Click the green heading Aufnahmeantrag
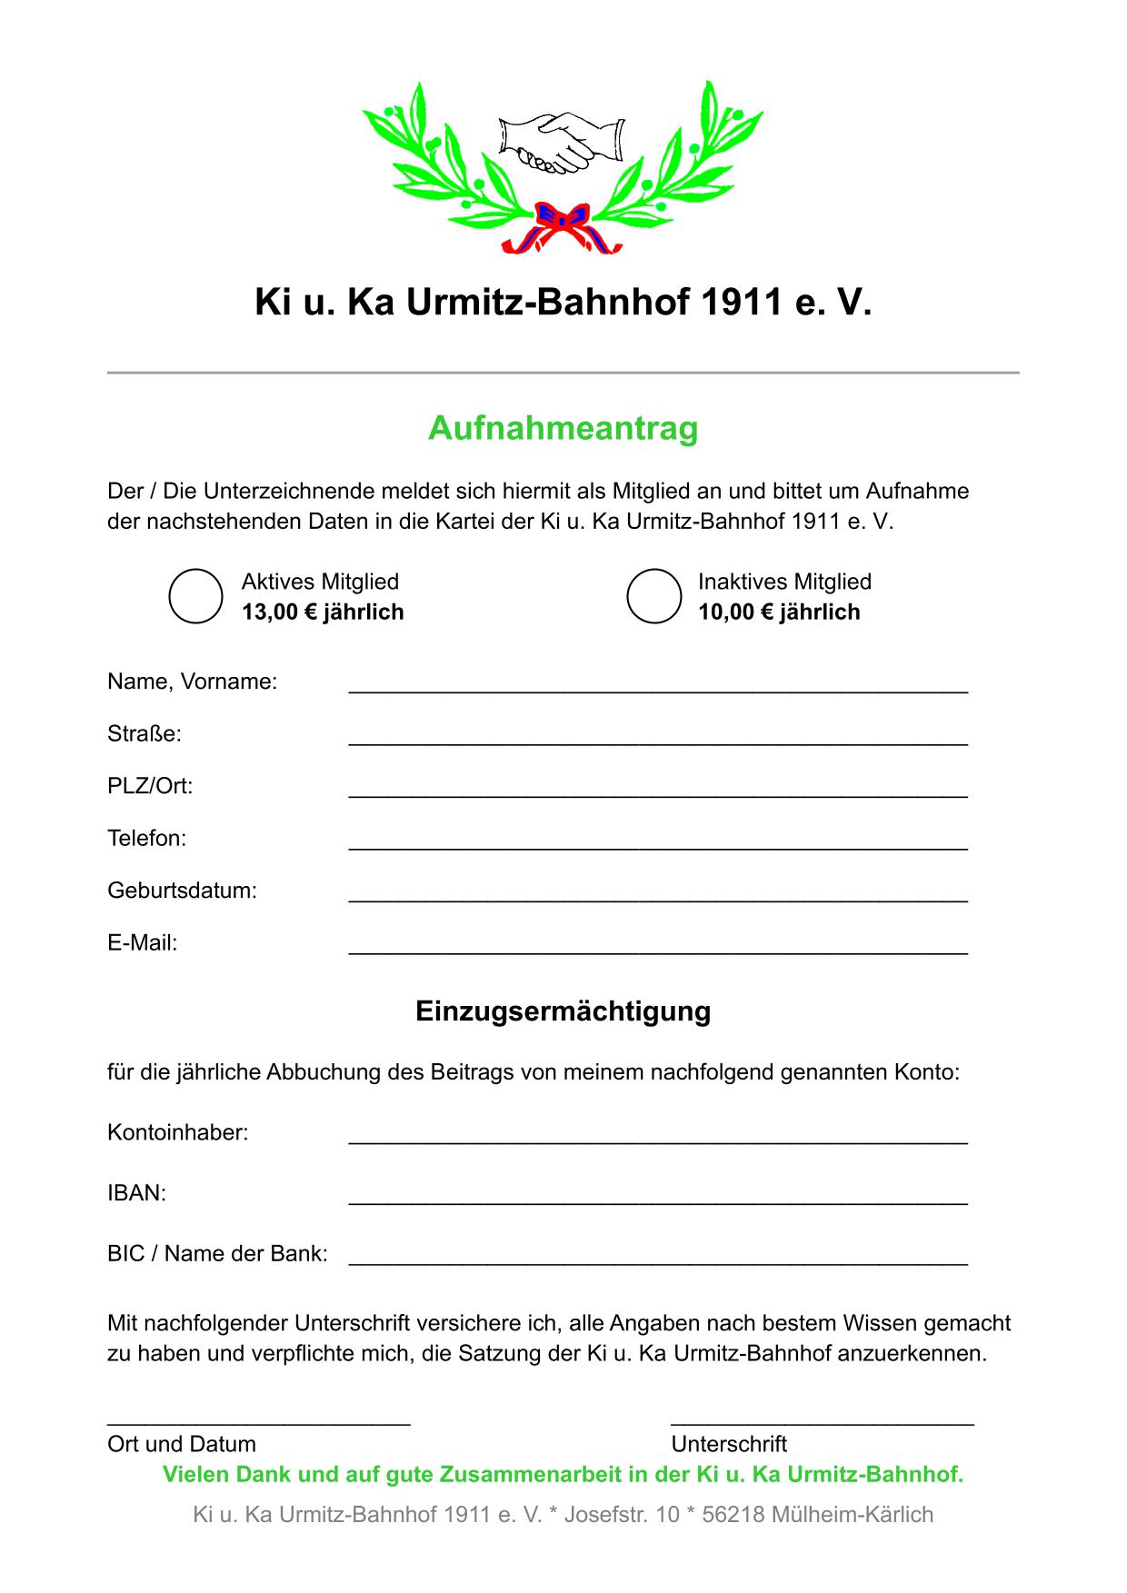(x=563, y=428)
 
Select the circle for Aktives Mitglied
(x=196, y=596)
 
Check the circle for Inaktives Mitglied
(x=653, y=596)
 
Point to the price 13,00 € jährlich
(x=323, y=612)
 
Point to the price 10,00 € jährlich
(x=779, y=612)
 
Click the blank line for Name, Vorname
(x=658, y=689)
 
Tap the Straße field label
(x=145, y=734)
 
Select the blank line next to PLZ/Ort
(x=658, y=793)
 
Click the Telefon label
(x=146, y=839)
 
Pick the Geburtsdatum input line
(x=658, y=898)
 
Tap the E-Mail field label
(x=143, y=943)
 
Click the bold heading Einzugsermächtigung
(x=563, y=1011)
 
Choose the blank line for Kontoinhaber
(x=658, y=1140)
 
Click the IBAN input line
(x=658, y=1200)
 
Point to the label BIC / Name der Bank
(x=217, y=1254)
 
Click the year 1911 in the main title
(x=741, y=303)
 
